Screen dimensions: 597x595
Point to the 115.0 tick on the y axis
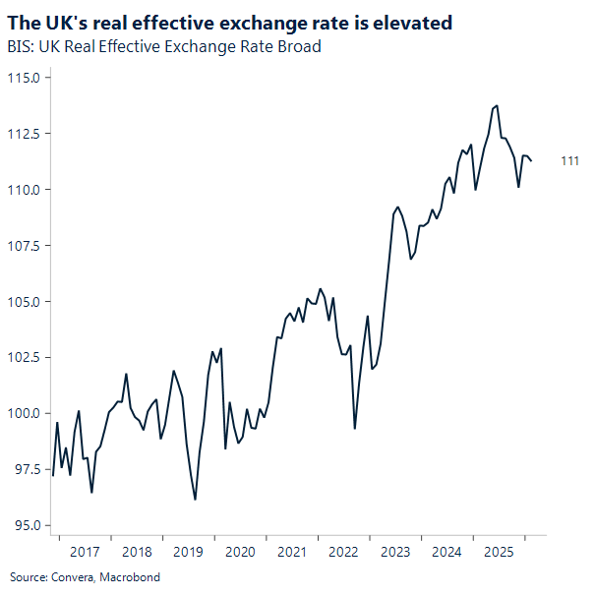tap(23, 78)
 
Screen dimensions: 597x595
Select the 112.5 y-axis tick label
tap(23, 134)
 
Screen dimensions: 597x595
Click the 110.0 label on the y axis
tap(23, 189)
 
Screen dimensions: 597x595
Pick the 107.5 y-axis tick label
tap(23, 245)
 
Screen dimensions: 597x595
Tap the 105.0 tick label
tap(23, 301)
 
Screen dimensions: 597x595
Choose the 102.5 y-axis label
tap(23, 357)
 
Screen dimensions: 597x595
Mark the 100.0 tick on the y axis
tap(23, 413)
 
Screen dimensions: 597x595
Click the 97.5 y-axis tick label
tap(25, 469)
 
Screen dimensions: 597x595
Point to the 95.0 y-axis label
tap(25, 524)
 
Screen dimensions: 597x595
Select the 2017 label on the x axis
tap(85, 552)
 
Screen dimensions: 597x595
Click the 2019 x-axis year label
tap(188, 552)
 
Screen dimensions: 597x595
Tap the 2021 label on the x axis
tap(292, 552)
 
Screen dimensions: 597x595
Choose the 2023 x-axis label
tap(395, 552)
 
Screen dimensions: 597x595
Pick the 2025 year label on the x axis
tap(499, 552)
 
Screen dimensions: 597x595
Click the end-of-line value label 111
tap(569, 161)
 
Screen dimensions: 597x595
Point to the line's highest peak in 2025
tap(497, 105)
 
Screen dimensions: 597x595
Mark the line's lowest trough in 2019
tap(195, 500)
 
